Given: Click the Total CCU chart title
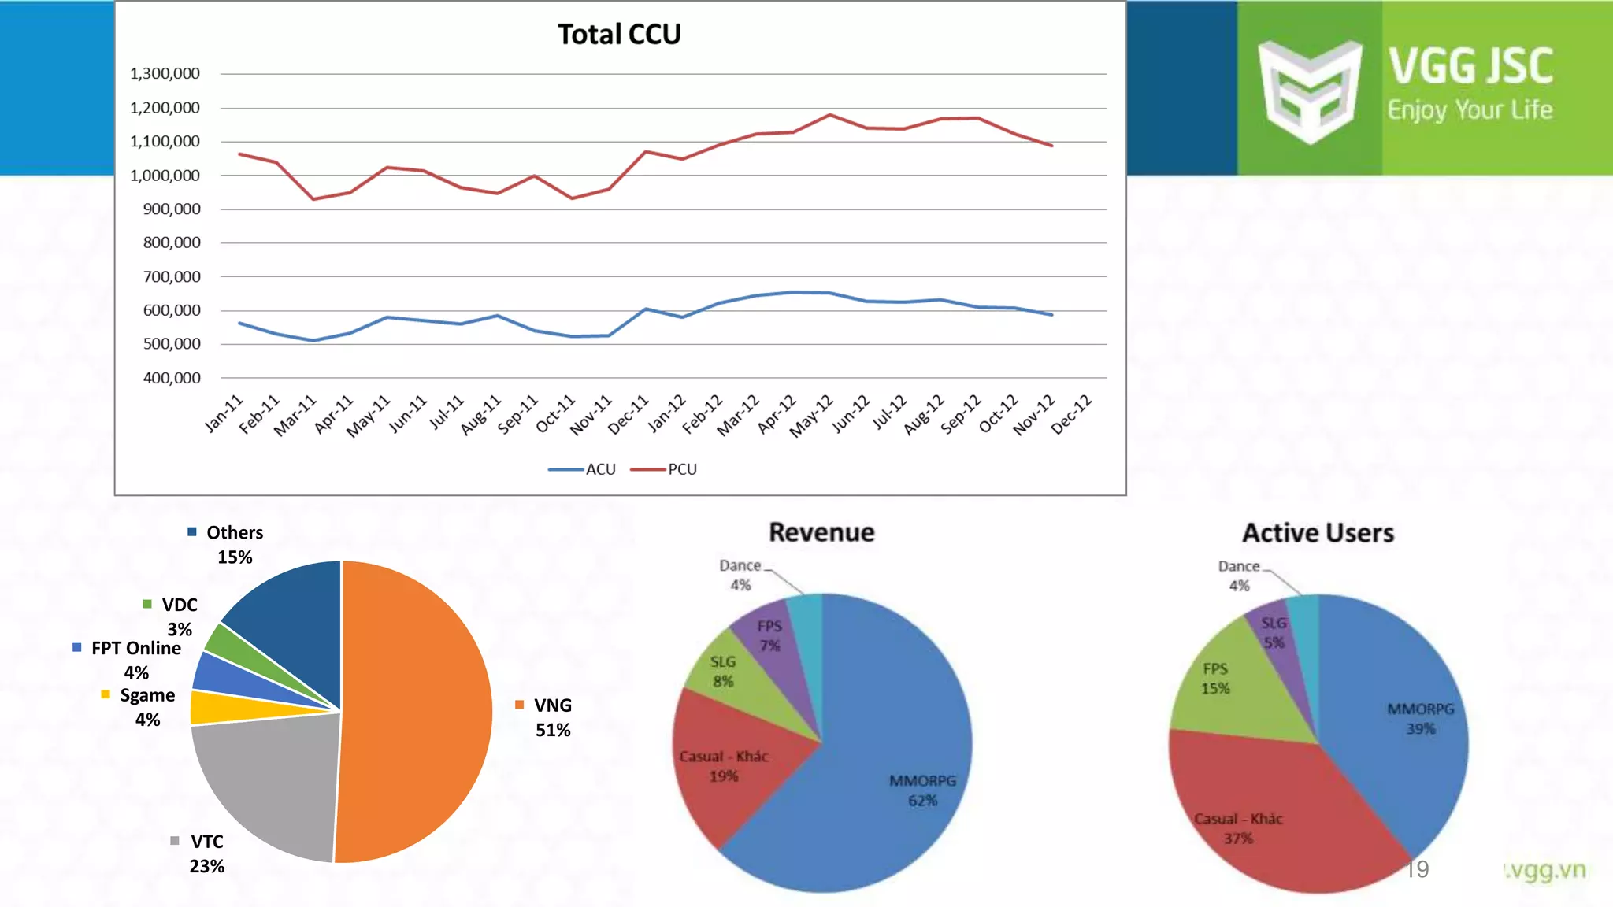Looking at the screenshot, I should click(x=619, y=35).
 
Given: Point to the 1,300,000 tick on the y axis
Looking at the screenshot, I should click(x=165, y=74).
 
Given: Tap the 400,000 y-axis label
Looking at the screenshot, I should click(x=171, y=378).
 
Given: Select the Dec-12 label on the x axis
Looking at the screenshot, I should click(x=1073, y=414).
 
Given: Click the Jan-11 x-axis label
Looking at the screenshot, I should click(x=224, y=414).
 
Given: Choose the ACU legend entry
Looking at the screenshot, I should click(x=583, y=469).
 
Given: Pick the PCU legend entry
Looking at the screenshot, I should click(x=665, y=469).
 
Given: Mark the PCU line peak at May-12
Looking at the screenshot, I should click(x=830, y=115).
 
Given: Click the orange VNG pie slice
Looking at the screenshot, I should click(x=417, y=709).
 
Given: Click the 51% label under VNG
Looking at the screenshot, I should click(x=553, y=731).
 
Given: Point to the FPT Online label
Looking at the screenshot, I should click(x=135, y=648).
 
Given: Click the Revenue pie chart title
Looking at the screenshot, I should click(x=821, y=533).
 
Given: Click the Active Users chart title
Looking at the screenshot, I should click(x=1318, y=533).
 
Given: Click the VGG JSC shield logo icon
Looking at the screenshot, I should click(x=1310, y=91).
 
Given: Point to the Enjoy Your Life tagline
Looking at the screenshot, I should click(x=1470, y=110).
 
